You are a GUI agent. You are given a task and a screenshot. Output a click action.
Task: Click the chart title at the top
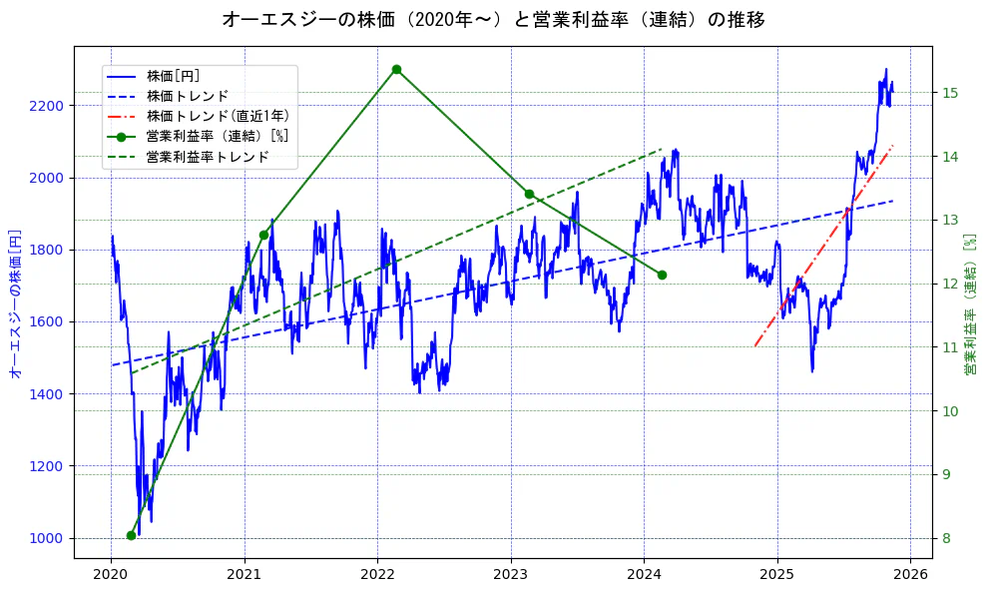coord(493,20)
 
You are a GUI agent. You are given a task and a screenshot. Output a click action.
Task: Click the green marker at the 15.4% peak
coord(396,69)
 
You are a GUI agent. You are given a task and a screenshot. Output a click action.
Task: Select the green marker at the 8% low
coord(131,536)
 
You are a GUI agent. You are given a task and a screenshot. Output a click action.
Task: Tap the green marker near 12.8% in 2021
coord(263,235)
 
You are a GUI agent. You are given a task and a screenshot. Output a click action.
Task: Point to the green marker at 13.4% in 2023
coord(529,194)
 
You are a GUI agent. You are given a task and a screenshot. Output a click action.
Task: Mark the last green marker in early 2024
coord(662,275)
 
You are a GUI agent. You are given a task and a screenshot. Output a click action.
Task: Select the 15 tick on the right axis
coord(949,93)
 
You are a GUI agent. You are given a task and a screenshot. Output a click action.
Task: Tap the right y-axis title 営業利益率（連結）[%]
coord(970,305)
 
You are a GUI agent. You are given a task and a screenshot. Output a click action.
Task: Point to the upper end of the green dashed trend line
coord(662,150)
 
